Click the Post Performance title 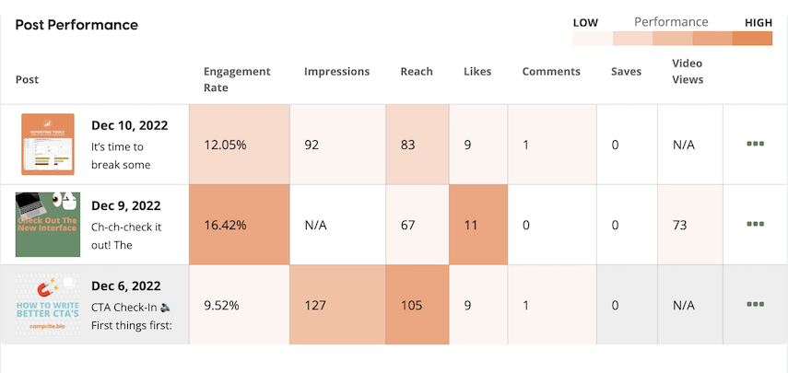click(76, 25)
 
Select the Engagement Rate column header click(237, 79)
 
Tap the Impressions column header click(336, 71)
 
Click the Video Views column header click(688, 72)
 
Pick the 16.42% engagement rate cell click(239, 224)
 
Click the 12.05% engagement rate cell click(239, 145)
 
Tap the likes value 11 click(471, 224)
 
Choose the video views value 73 click(681, 224)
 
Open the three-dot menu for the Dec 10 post click(756, 145)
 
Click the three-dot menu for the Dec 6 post click(756, 304)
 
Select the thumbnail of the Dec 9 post click(48, 224)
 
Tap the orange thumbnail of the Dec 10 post click(48, 145)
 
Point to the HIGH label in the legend click(758, 22)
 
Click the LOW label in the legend click(585, 22)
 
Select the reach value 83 click(409, 145)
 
